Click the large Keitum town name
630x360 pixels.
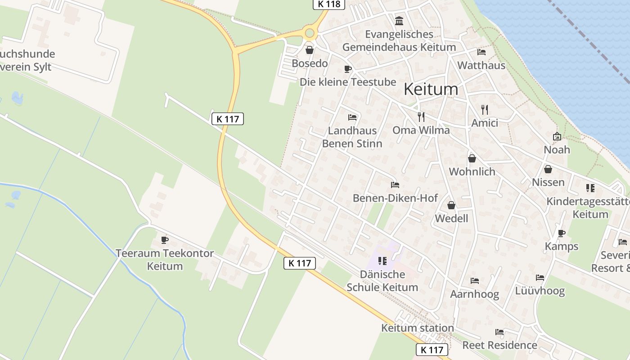[x=431, y=89]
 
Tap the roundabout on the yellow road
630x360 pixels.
[x=309, y=32]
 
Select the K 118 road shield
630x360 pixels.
[x=328, y=4]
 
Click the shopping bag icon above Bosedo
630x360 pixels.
[x=309, y=50]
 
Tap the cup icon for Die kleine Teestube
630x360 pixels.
[x=347, y=69]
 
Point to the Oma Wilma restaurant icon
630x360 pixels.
[x=421, y=117]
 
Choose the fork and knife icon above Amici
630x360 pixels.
[x=484, y=109]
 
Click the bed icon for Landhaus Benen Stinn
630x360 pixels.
[x=352, y=117]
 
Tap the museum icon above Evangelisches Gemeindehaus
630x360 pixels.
[x=399, y=21]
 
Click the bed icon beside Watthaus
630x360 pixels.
[x=481, y=52]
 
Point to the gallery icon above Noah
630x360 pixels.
[x=557, y=136]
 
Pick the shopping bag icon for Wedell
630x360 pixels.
[x=451, y=205]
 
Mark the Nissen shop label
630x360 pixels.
[x=548, y=182]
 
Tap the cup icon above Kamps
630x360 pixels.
[x=561, y=233]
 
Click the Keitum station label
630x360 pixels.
[x=418, y=328]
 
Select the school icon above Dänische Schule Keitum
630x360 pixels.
[x=382, y=261]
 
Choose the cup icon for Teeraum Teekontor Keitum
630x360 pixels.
[x=164, y=240]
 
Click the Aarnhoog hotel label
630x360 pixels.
[x=474, y=294]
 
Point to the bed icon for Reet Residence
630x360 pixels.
[x=499, y=332]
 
